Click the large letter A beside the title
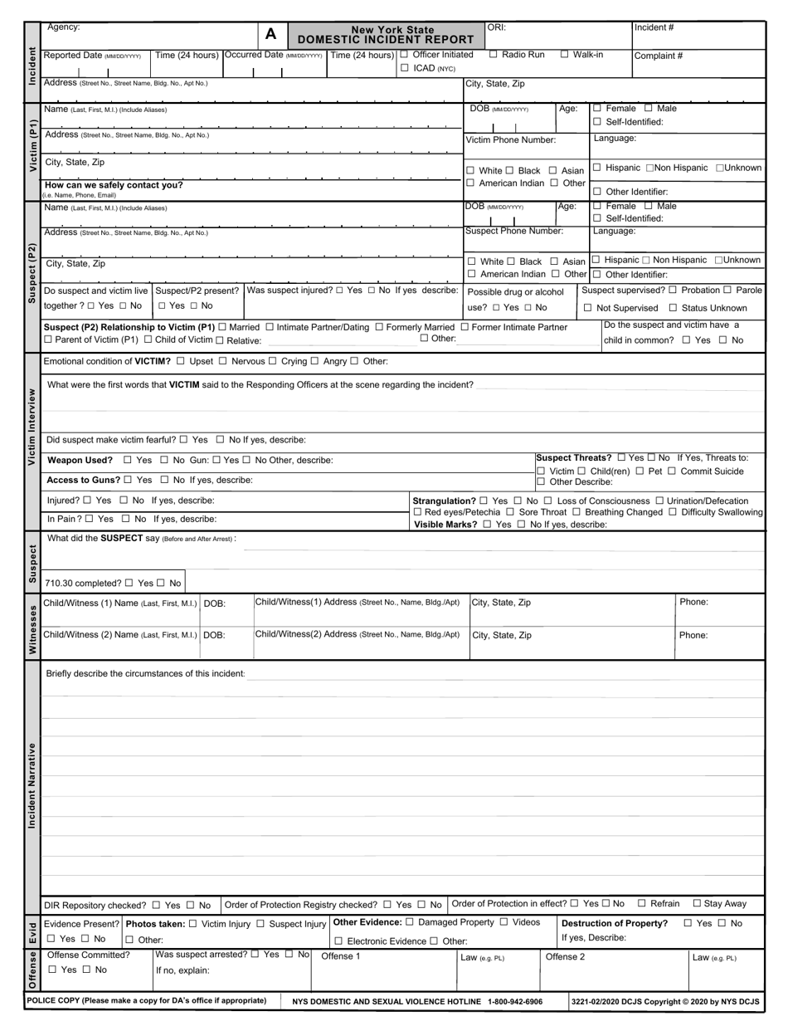click(x=270, y=34)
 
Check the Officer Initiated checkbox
click(x=405, y=55)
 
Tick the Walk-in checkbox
click(x=565, y=55)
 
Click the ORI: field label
click(x=496, y=27)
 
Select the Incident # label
click(x=654, y=27)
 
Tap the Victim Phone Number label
click(x=510, y=140)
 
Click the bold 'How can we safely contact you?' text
click(x=114, y=185)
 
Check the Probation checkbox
click(x=673, y=290)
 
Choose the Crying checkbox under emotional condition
click(x=274, y=361)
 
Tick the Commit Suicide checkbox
click(x=672, y=471)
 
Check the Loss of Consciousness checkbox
click(x=548, y=501)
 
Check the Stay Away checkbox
click(x=697, y=903)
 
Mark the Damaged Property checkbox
click(x=410, y=922)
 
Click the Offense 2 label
click(x=565, y=956)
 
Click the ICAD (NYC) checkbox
click(x=405, y=68)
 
